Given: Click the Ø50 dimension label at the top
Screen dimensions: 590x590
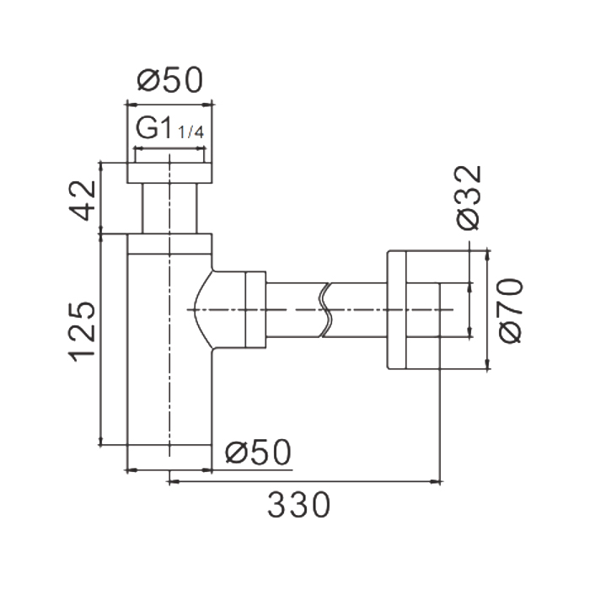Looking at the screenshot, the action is (170, 80).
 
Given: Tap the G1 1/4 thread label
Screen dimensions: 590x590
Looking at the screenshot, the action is (169, 128).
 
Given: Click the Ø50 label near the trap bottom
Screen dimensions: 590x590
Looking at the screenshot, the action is (258, 452).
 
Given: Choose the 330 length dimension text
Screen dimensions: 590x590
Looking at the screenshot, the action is (298, 506).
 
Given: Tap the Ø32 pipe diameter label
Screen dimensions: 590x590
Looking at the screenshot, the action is (469, 197).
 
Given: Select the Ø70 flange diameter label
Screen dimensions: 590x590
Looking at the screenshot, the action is (511, 310).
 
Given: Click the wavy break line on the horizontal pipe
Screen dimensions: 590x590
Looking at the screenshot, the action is (325, 309).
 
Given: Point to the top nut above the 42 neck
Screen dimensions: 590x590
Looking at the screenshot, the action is (169, 173).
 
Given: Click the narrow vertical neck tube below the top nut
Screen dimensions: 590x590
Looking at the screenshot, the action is (169, 208).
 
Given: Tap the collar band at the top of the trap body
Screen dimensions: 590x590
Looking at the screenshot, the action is (169, 244).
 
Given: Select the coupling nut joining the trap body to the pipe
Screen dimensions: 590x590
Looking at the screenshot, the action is (255, 309).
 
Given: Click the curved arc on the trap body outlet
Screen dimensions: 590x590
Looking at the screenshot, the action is (195, 309).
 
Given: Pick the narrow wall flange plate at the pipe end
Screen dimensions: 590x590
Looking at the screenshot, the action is (397, 309).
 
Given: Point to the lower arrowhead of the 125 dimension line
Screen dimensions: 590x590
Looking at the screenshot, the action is (101, 439).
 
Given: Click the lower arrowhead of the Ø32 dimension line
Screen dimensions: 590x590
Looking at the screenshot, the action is (469, 332).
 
